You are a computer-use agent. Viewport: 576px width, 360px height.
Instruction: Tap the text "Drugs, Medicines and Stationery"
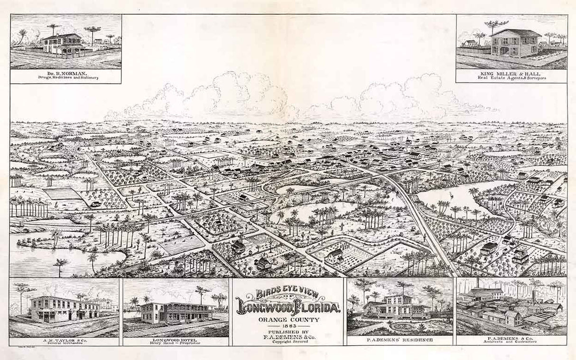(x=65, y=77)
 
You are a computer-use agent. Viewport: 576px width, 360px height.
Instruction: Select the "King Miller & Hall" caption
(x=511, y=73)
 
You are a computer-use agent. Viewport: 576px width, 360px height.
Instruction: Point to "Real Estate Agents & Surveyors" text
(x=511, y=77)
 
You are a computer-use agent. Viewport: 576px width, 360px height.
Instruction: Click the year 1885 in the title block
(x=288, y=324)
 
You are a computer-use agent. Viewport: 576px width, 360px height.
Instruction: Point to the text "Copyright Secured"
(x=288, y=341)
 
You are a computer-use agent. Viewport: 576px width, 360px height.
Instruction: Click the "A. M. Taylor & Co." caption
(x=64, y=340)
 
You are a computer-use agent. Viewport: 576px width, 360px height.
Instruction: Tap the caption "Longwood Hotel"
(x=176, y=339)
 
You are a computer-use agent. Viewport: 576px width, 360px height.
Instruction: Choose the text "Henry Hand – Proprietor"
(x=176, y=343)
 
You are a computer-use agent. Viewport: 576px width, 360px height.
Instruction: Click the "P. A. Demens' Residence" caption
(x=399, y=340)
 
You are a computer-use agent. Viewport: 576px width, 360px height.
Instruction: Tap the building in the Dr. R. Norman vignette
(x=63, y=44)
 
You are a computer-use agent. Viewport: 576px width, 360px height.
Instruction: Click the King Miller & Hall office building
(x=516, y=43)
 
